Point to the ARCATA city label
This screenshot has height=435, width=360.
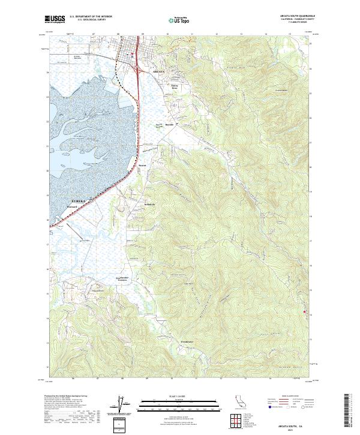point(158,71)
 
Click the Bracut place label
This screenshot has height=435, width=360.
point(142,166)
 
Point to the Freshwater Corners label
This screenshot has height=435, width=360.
point(123,279)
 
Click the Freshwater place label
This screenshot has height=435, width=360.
point(187,342)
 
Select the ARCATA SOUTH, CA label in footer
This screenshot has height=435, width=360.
point(296,423)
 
